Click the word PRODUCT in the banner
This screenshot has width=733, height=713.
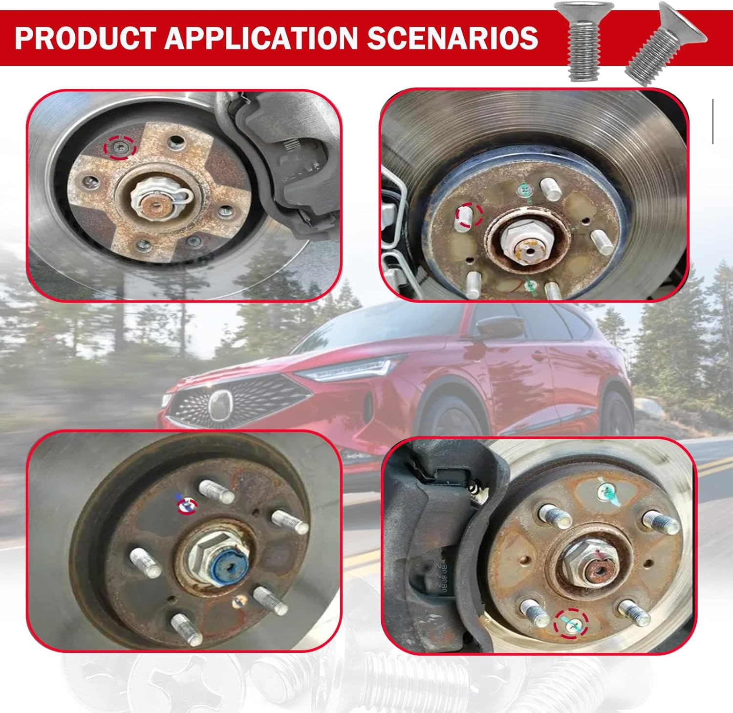[84, 38]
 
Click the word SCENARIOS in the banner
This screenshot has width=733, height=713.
[452, 38]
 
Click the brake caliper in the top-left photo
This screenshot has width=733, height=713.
[288, 161]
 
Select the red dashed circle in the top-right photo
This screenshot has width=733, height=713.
[469, 215]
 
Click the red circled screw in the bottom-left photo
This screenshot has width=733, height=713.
[187, 506]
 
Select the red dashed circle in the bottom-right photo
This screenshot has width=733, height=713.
[571, 623]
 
